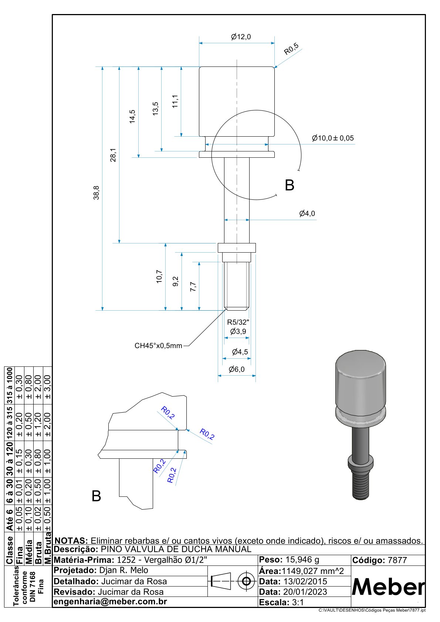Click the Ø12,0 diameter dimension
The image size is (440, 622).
point(241,37)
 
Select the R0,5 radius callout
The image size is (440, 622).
point(291,49)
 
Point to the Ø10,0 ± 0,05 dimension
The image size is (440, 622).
point(332,138)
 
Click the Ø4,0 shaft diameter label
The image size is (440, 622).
point(307,213)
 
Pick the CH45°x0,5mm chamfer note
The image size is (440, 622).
point(158,346)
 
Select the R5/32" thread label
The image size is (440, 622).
point(238,322)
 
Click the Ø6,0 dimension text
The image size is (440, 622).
point(237,369)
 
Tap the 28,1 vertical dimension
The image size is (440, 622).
point(113,155)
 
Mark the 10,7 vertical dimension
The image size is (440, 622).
point(159,277)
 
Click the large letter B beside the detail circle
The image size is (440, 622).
point(290,185)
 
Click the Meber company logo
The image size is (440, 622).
point(388,587)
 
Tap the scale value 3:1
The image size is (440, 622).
point(298,602)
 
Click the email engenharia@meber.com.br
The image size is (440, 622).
point(110,601)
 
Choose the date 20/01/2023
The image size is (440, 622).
point(305,592)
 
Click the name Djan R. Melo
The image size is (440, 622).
point(123,570)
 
